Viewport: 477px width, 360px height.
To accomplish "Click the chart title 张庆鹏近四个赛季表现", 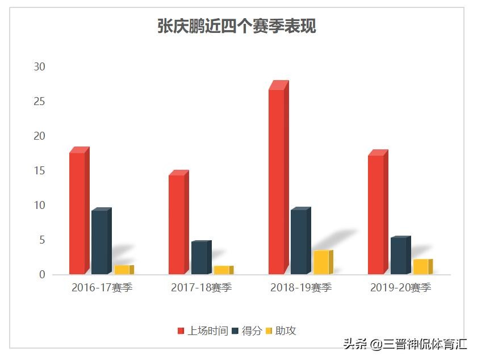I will coord(236,26).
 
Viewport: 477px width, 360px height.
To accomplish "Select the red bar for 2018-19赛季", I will coord(277,182).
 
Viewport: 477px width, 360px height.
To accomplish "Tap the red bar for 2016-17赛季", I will coord(77,214).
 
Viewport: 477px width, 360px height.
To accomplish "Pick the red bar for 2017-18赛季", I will coord(177,224).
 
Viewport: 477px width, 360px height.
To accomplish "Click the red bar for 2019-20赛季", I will coord(376,215).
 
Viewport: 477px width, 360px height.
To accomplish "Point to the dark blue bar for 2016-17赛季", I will coord(99,242).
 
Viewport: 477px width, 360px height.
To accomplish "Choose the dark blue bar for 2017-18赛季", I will coord(199,258).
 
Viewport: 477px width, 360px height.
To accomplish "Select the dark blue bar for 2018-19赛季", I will coord(299,242).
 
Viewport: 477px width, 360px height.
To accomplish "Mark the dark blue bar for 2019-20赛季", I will coord(398,256).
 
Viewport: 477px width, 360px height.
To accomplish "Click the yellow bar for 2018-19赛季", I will coord(321,262).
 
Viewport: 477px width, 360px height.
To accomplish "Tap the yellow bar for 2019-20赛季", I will coord(421,267).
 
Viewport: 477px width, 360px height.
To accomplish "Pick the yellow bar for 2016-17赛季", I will coord(122,270).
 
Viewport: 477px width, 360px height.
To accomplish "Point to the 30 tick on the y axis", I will coord(39,67).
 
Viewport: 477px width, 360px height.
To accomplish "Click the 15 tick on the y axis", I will coord(39,171).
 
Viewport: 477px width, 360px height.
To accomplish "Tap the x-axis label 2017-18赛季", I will coord(201,288).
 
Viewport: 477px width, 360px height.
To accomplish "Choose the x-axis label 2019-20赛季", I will coord(400,288).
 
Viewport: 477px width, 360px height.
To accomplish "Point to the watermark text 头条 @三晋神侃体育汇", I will coord(404,344).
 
